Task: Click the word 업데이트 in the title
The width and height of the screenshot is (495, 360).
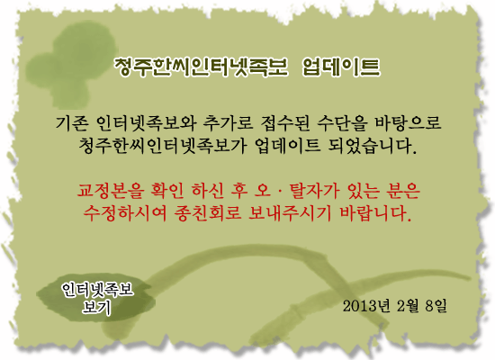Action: [x=341, y=67]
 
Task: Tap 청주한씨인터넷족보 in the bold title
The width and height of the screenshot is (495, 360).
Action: [x=201, y=67]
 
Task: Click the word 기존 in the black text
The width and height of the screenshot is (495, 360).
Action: [x=72, y=122]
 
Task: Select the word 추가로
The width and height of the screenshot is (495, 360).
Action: [x=228, y=122]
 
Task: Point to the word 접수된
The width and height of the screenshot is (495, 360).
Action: [x=285, y=122]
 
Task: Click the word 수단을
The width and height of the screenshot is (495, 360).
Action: [x=343, y=122]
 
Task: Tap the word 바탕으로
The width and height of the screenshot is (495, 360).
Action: [x=408, y=122]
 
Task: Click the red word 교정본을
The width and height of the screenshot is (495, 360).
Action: [x=111, y=191]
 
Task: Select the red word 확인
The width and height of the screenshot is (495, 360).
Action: [x=167, y=191]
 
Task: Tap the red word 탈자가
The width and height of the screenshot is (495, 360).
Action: [x=315, y=191]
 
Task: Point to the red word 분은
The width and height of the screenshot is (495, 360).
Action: [x=403, y=191]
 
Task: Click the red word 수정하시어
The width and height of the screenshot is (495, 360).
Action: [x=125, y=213]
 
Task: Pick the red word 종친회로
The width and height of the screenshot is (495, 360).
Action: [x=207, y=213]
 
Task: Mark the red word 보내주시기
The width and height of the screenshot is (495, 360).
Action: [x=290, y=213]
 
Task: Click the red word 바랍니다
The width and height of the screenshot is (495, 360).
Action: [x=375, y=213]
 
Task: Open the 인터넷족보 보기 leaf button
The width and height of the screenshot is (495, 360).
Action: [x=96, y=298]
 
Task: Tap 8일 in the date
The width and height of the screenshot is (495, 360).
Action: [x=436, y=306]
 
